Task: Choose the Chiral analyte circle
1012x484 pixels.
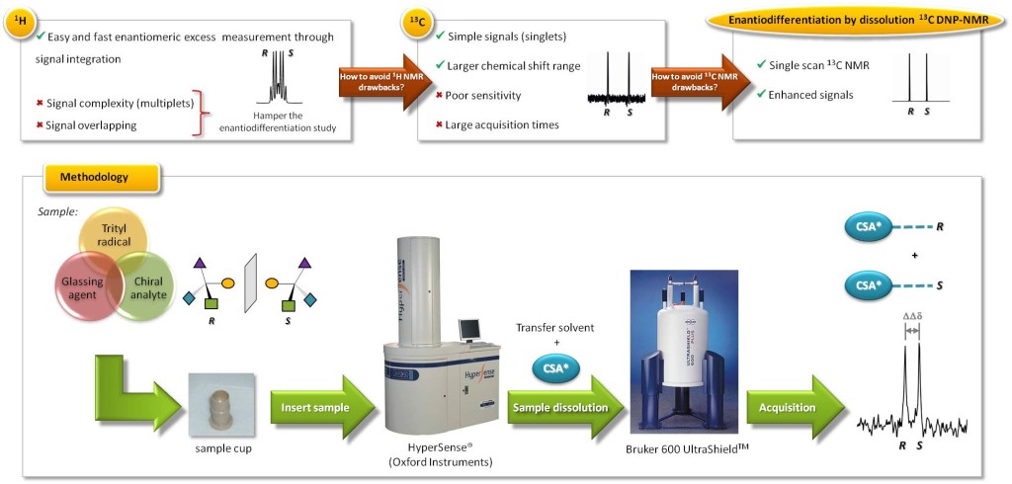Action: (x=147, y=287)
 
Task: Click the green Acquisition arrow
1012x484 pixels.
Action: (x=789, y=408)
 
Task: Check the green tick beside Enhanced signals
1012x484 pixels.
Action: (x=761, y=95)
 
